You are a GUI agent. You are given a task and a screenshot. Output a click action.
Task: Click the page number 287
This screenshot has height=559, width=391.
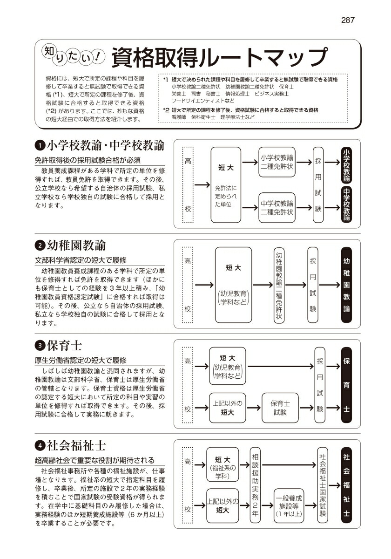[x=348, y=20]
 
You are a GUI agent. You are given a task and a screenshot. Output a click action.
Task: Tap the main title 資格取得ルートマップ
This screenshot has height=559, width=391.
[x=219, y=58]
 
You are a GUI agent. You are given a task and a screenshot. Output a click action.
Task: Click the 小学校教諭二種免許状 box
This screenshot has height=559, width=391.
[x=277, y=162]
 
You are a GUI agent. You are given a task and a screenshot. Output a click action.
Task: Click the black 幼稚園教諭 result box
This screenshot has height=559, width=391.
[x=346, y=285]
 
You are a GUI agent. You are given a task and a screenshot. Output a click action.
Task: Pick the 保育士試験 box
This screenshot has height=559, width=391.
[x=280, y=408]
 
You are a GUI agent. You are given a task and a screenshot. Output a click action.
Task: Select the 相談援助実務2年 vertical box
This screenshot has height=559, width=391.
[x=255, y=485]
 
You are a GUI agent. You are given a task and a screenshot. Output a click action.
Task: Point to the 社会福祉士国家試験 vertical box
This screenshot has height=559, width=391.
[x=323, y=485]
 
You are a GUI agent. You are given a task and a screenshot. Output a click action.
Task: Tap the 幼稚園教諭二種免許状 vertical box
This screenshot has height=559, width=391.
[x=279, y=285]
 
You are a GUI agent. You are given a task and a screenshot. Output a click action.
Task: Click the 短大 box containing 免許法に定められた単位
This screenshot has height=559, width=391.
[x=225, y=185]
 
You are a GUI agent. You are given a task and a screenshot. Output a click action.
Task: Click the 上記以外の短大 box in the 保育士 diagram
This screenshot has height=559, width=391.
[x=227, y=408]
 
